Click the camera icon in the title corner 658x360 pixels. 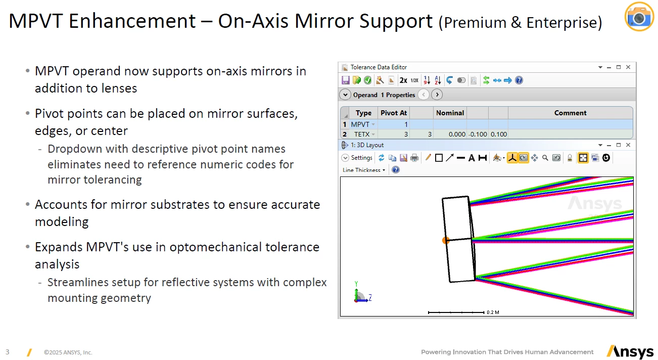tap(639, 17)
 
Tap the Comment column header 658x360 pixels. tap(570, 113)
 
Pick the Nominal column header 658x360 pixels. tap(450, 113)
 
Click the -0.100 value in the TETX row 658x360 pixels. tap(478, 134)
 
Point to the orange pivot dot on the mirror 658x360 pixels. tap(445, 240)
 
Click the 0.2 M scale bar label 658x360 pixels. tap(493, 312)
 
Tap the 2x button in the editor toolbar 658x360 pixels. tap(403, 80)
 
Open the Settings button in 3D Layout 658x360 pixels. tap(357, 158)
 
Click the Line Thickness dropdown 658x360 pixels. tap(364, 170)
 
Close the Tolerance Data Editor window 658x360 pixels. tap(628, 67)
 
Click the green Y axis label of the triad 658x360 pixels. tap(356, 284)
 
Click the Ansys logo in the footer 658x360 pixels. tap(630, 352)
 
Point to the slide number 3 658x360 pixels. tap(8, 352)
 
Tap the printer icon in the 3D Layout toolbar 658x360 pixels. tap(414, 158)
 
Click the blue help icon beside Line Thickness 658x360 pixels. tap(396, 170)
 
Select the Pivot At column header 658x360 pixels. tap(394, 113)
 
